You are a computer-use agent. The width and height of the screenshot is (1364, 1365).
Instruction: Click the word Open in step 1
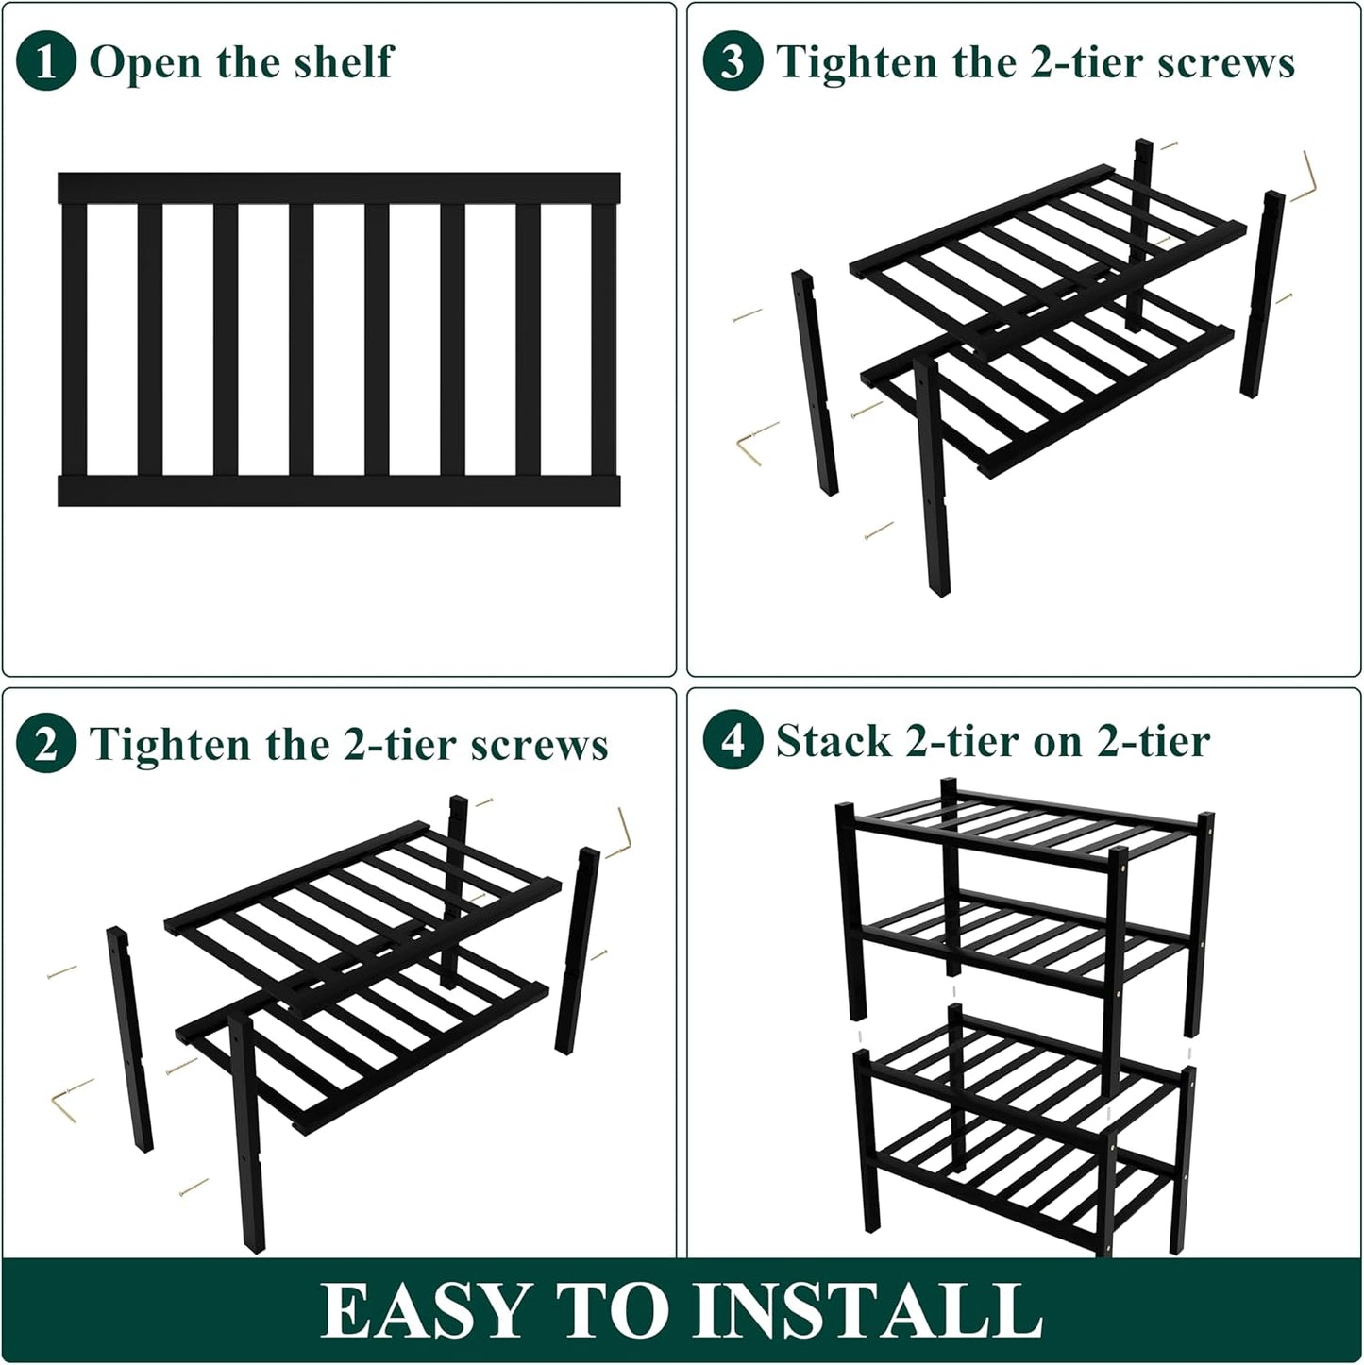click(145, 63)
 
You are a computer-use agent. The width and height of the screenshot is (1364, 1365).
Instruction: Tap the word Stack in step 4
click(833, 741)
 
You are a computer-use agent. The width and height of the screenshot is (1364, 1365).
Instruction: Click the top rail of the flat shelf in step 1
click(339, 188)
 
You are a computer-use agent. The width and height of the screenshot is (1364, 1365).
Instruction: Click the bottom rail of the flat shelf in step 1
click(339, 491)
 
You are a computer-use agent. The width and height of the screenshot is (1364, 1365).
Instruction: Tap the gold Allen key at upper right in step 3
click(1308, 177)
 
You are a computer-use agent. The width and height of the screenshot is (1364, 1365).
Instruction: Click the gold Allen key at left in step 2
click(70, 1100)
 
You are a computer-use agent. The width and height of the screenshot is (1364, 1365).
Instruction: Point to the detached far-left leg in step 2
click(129, 1038)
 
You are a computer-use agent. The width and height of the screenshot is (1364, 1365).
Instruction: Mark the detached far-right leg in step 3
click(1262, 294)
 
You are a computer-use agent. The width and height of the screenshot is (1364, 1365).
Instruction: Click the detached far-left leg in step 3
click(815, 382)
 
